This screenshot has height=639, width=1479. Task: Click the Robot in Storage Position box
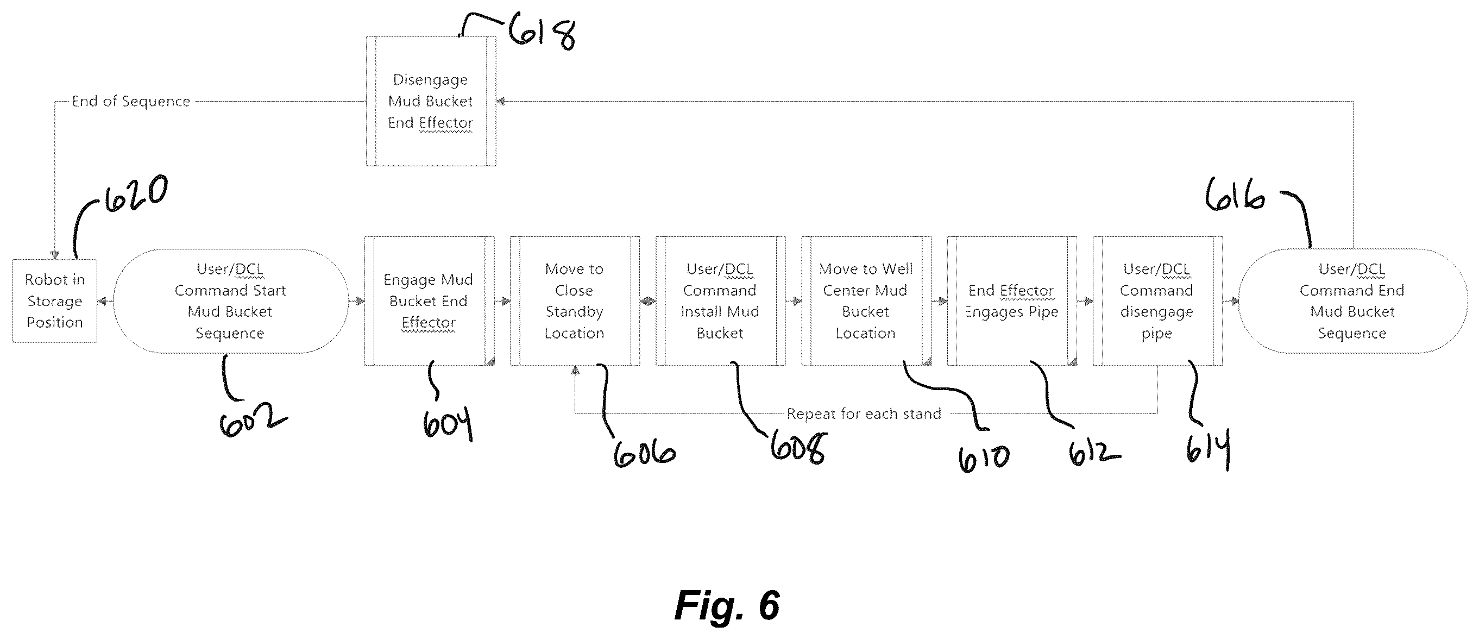pos(54,301)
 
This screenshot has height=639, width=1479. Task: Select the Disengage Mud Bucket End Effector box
pos(431,101)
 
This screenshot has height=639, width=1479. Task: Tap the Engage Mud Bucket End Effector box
pos(430,301)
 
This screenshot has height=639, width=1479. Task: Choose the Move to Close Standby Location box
pos(575,301)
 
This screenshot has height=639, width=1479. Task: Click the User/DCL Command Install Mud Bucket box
pos(721,301)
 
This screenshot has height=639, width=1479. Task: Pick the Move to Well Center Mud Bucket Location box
pos(866,301)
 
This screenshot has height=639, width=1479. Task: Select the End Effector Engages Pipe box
pos(1012,301)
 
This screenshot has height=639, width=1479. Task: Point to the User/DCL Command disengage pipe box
pos(1157,301)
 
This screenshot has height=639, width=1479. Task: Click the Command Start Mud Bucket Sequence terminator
pos(231,301)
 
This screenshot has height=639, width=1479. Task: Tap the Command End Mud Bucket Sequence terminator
pos(1352,301)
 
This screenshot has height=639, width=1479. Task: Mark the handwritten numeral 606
pos(644,454)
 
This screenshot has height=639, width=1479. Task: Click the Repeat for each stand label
pos(864,414)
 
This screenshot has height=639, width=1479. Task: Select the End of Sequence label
pos(131,101)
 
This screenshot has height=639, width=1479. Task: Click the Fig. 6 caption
pos(727,605)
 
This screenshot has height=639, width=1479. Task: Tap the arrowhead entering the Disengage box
pos(501,101)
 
